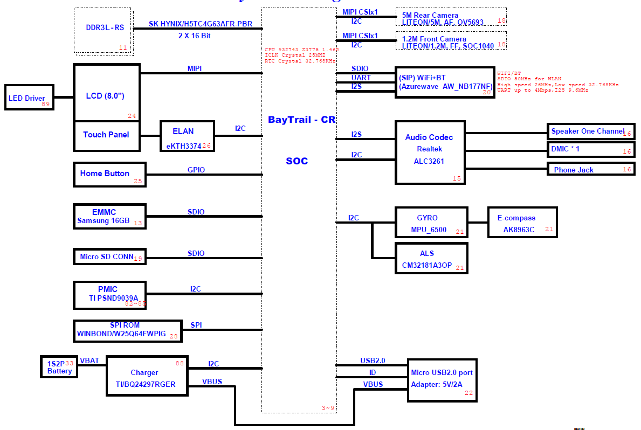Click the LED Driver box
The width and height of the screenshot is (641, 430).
(x=29, y=97)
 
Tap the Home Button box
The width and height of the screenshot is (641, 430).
(x=109, y=174)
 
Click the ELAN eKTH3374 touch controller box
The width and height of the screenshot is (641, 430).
(x=187, y=135)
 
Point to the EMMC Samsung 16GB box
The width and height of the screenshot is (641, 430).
(x=109, y=216)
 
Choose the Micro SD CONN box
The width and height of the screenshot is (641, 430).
(x=109, y=256)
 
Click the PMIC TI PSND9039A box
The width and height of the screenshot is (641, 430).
(x=109, y=295)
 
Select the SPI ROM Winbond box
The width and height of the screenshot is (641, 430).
(x=127, y=331)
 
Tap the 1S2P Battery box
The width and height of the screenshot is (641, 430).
(x=59, y=367)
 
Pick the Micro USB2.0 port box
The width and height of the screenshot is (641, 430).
(x=442, y=380)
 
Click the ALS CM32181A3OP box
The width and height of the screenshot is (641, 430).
(x=431, y=258)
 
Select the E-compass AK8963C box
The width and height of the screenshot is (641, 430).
(x=522, y=223)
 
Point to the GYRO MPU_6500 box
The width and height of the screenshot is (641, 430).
(x=431, y=223)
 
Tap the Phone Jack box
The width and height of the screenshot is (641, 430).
(x=590, y=169)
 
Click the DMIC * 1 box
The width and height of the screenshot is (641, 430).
(x=590, y=149)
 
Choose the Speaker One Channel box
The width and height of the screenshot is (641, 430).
(x=590, y=131)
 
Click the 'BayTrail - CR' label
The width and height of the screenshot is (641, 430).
(x=301, y=120)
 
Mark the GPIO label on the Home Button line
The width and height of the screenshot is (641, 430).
(x=196, y=170)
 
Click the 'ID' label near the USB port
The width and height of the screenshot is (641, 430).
(x=373, y=372)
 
